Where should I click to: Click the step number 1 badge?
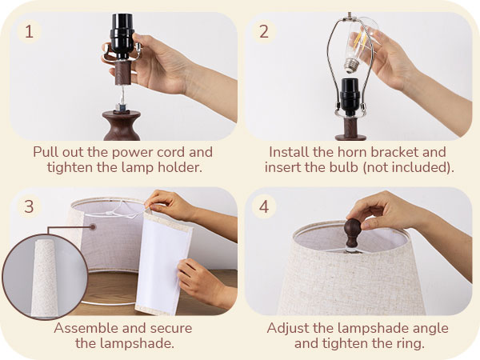tap(30, 32)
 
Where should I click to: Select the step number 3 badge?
tap(30, 206)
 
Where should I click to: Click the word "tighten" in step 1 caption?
tap(70, 167)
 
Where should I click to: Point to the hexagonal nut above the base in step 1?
tap(119, 106)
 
